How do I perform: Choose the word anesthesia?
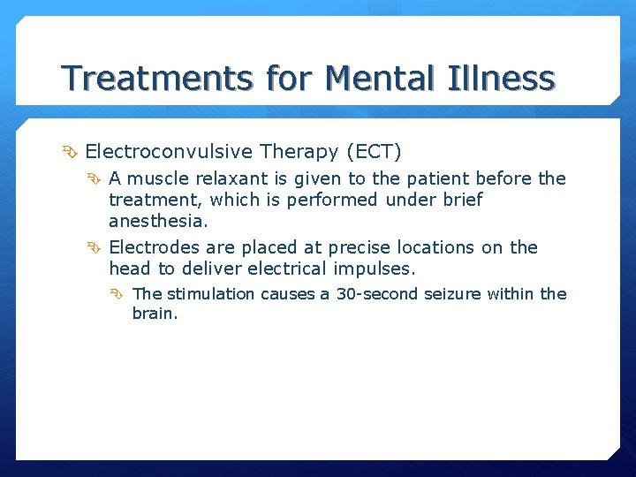point(158,221)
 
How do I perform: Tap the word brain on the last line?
point(155,313)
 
